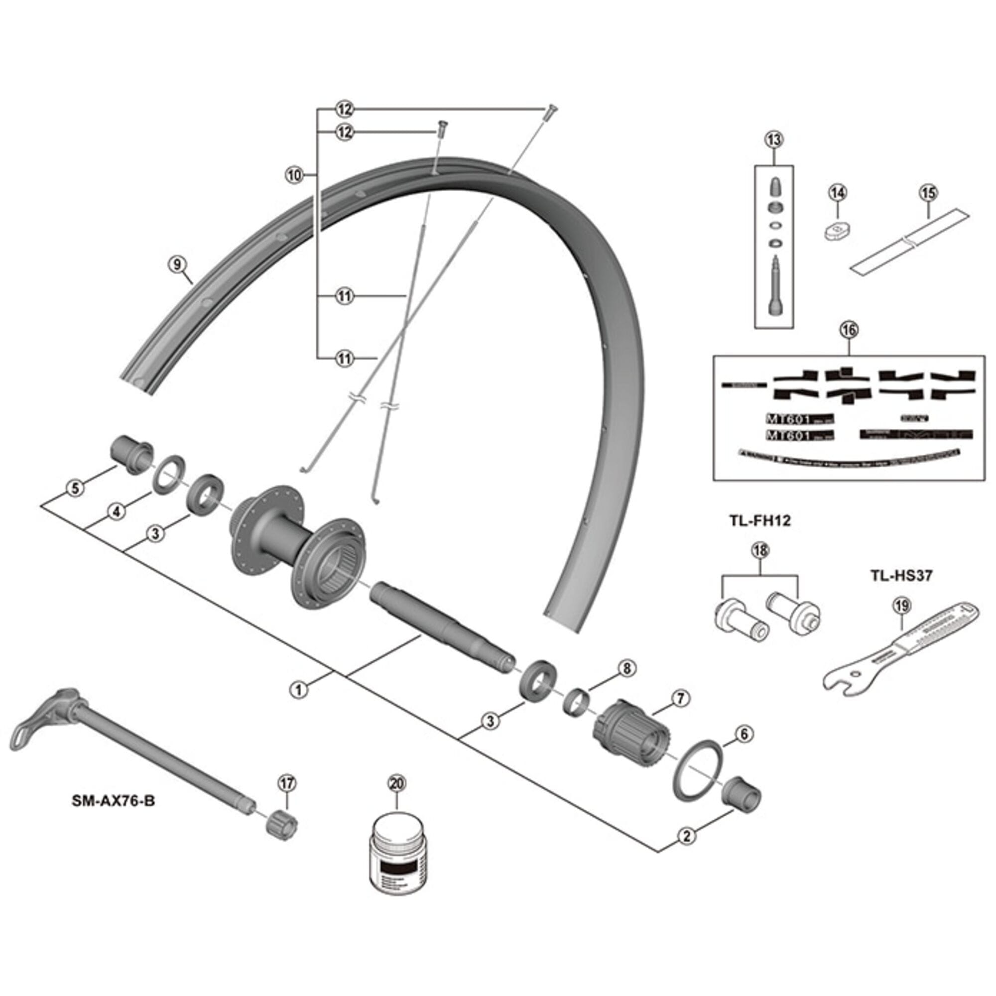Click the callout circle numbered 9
click(176, 264)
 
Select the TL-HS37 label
click(902, 575)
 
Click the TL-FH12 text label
click(760, 521)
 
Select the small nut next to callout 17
click(281, 834)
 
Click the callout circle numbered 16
click(849, 329)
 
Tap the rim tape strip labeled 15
click(909, 241)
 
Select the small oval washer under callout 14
click(836, 230)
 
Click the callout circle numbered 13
click(773, 140)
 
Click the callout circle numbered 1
click(299, 690)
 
